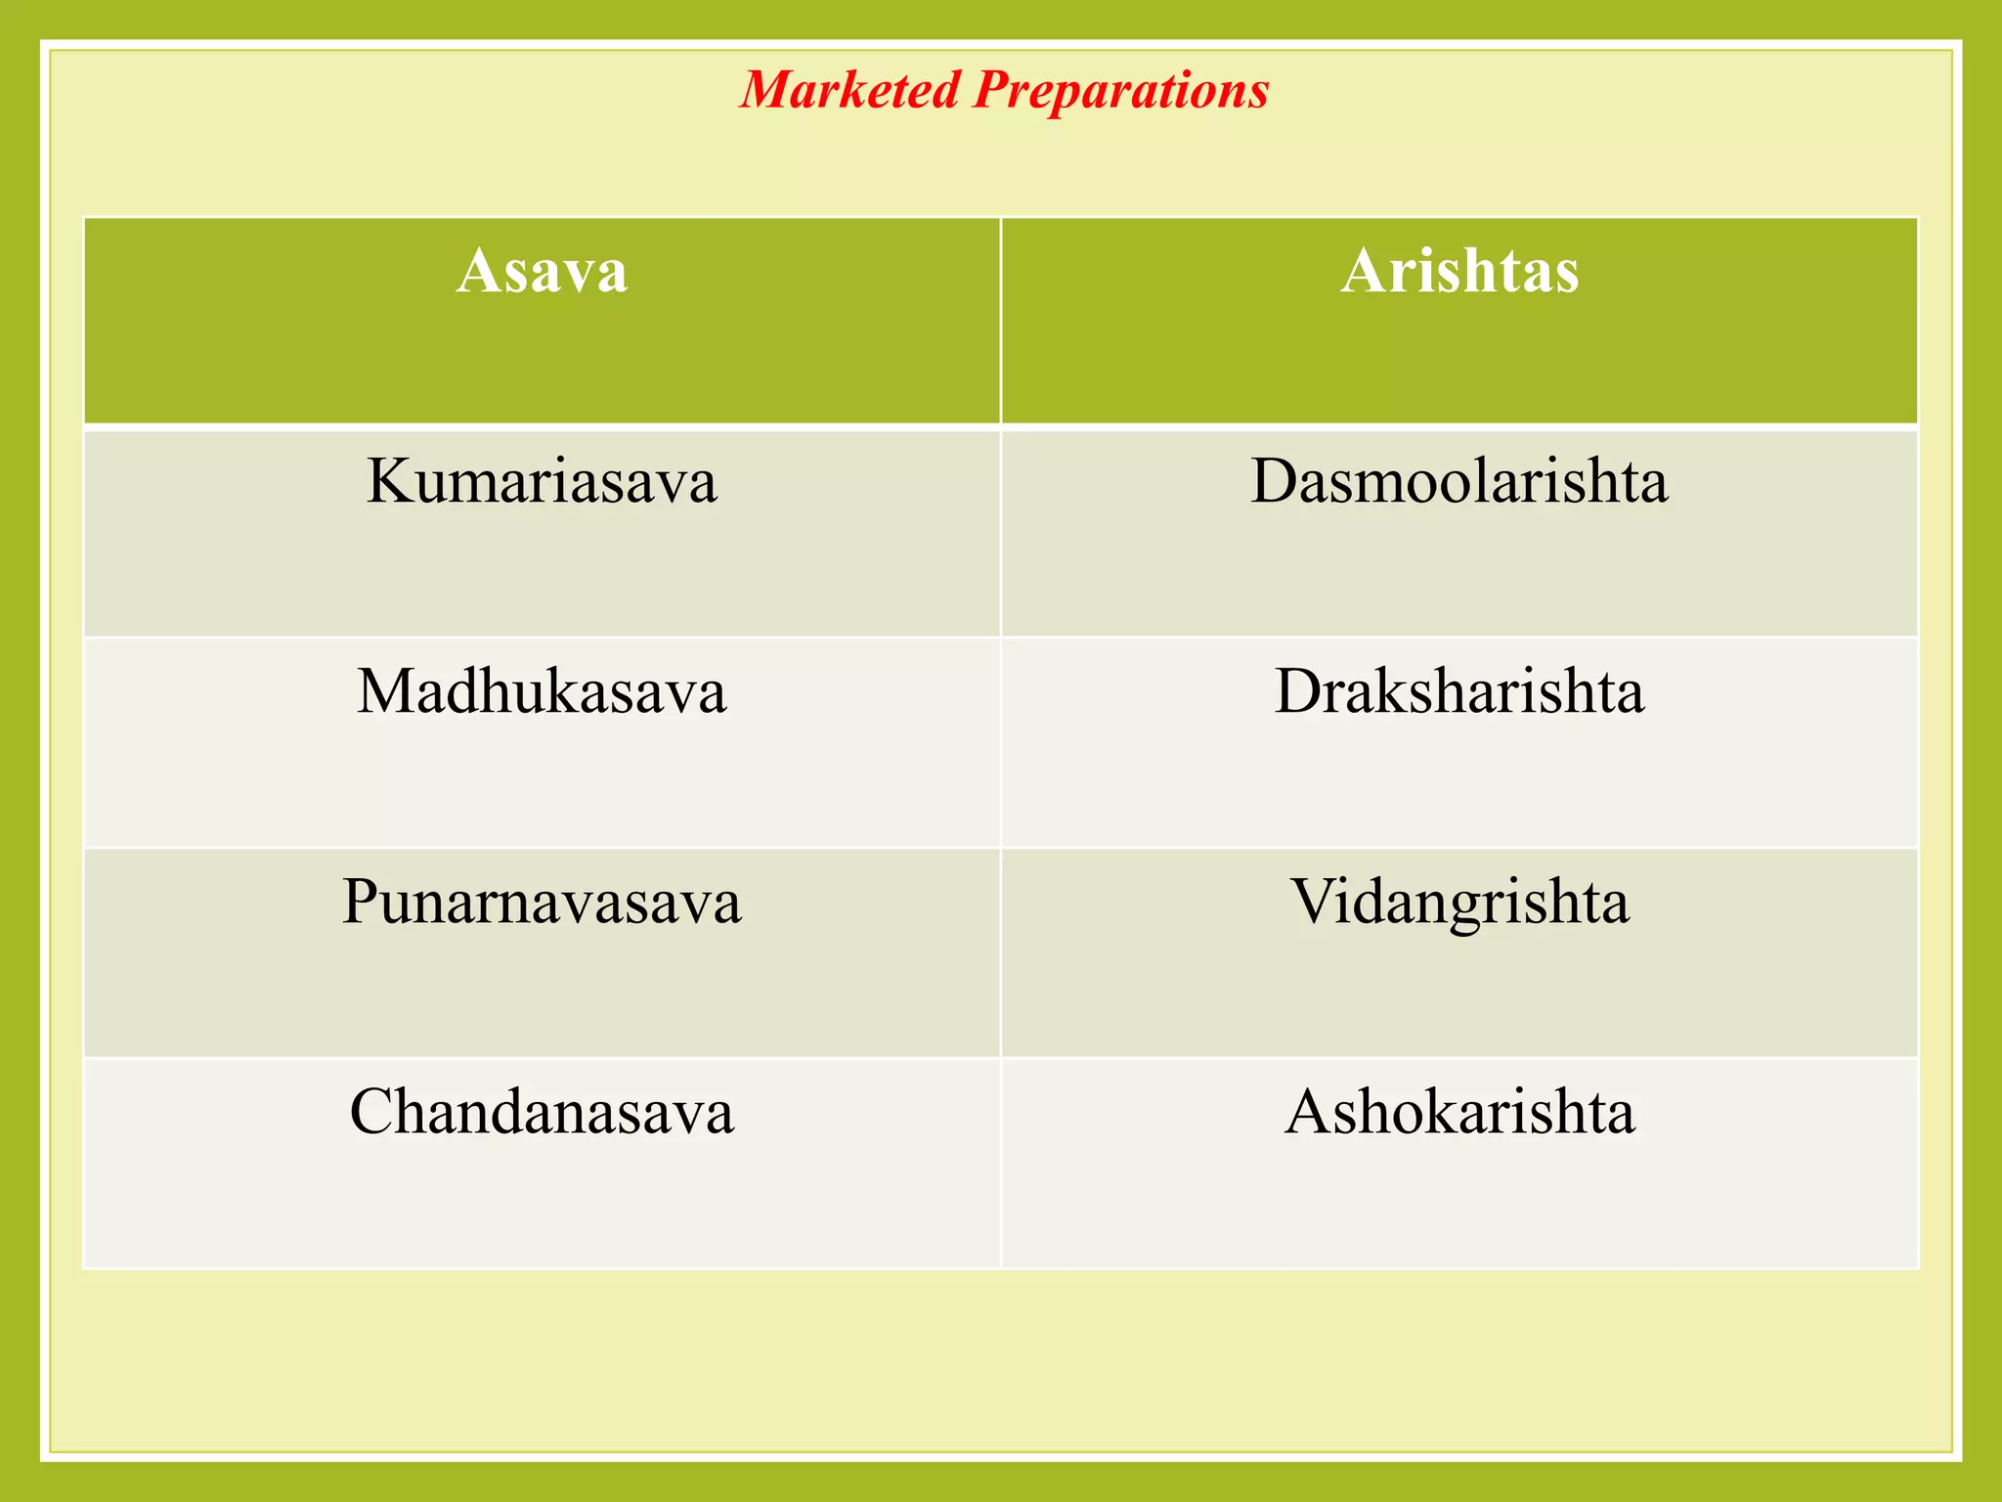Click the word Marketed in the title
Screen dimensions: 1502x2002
[x=849, y=90]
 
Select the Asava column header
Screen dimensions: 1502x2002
[x=542, y=271]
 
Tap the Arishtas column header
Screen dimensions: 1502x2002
[x=1459, y=271]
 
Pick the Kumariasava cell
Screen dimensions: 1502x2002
[x=542, y=481]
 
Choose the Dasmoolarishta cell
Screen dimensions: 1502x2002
[x=1459, y=481]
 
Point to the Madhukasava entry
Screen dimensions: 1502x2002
[x=542, y=691]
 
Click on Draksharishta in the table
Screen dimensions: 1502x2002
[x=1459, y=691]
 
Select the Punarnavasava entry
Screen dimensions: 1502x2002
[x=542, y=902]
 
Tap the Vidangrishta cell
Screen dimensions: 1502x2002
[x=1459, y=902]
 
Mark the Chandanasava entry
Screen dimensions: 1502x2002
[x=542, y=1112]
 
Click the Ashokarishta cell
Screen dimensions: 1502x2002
[x=1459, y=1112]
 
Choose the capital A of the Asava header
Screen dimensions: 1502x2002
[x=478, y=271]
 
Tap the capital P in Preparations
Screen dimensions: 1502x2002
[x=993, y=90]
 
